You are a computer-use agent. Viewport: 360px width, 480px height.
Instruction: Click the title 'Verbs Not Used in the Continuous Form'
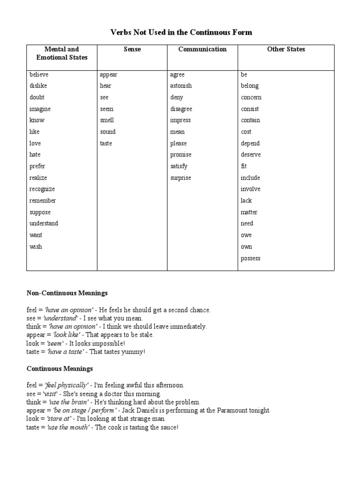pyautogui.click(x=181, y=32)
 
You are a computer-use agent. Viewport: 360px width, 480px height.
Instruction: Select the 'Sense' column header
pyautogui.click(x=132, y=49)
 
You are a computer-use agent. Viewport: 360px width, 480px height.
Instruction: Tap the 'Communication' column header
pyautogui.click(x=202, y=49)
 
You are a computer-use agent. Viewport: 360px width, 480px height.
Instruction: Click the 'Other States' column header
pyautogui.click(x=286, y=49)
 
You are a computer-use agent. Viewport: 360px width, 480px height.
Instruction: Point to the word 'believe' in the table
pyautogui.click(x=39, y=75)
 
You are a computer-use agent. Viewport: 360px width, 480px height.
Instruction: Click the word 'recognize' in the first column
pyautogui.click(x=42, y=189)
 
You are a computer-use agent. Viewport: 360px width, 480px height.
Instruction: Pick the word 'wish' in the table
pyautogui.click(x=36, y=247)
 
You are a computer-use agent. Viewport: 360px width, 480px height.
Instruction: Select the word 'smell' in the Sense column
pyautogui.click(x=107, y=120)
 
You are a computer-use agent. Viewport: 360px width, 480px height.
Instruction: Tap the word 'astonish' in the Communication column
pyautogui.click(x=181, y=86)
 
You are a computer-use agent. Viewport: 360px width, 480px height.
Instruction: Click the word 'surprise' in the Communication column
pyautogui.click(x=181, y=178)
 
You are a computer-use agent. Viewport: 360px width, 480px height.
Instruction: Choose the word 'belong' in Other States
pyautogui.click(x=250, y=86)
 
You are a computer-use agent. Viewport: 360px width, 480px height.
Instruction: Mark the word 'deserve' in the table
pyautogui.click(x=251, y=155)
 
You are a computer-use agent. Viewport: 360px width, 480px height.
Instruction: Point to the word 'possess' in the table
pyautogui.click(x=251, y=258)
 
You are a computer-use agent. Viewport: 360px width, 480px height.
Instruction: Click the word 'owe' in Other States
pyautogui.click(x=247, y=235)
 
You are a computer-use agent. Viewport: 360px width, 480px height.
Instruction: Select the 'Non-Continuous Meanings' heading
pyautogui.click(x=67, y=293)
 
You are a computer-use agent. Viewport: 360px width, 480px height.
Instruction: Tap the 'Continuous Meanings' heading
pyautogui.click(x=60, y=368)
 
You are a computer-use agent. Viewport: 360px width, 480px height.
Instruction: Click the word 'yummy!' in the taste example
pyautogui.click(x=135, y=352)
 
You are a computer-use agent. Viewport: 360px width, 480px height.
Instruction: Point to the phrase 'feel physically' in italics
pyautogui.click(x=66, y=385)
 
